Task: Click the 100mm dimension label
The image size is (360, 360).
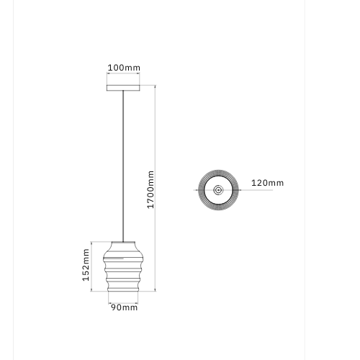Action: [124, 68]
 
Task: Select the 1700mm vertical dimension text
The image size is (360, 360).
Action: [150, 189]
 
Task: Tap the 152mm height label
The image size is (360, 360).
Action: [86, 265]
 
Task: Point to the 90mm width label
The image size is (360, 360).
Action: [124, 307]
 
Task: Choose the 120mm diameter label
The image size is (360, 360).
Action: [267, 183]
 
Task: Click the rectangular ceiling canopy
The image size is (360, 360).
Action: [123, 88]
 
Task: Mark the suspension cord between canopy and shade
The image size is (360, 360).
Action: [123, 166]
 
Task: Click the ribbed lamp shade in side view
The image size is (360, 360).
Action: [123, 266]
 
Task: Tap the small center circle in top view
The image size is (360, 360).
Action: [218, 190]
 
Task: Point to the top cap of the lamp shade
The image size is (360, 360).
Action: [123, 242]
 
